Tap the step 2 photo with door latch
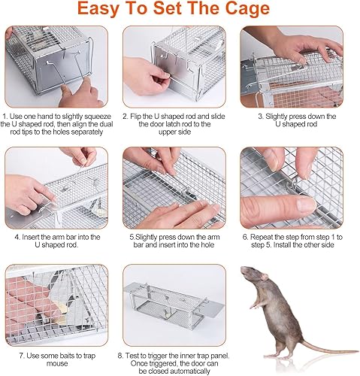click(x=178, y=68)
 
